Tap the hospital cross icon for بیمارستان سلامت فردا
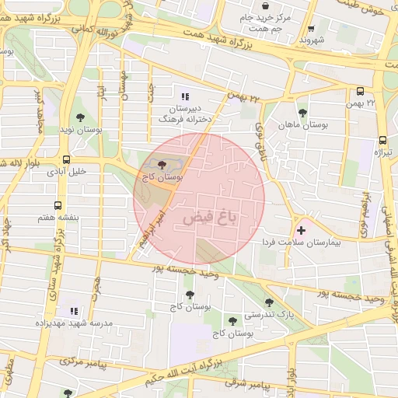(x=301, y=231)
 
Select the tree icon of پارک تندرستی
(x=269, y=303)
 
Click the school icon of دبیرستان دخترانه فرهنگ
(x=184, y=96)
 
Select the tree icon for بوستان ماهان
(x=302, y=113)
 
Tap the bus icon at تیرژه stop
(x=382, y=141)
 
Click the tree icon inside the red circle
(x=162, y=165)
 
